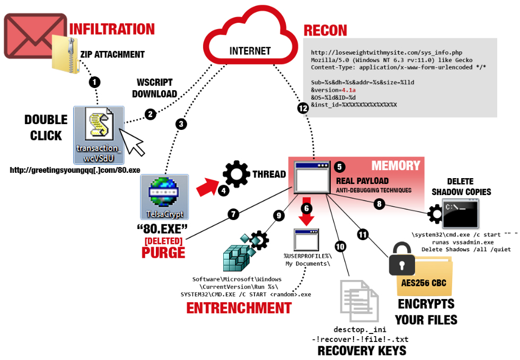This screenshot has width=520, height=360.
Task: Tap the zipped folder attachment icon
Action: (x=65, y=53)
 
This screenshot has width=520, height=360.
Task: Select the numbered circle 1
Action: (x=95, y=82)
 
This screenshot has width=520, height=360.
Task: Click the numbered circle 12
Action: (x=303, y=108)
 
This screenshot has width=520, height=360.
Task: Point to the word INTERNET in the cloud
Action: (x=250, y=51)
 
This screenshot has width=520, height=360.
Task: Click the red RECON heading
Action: (x=325, y=30)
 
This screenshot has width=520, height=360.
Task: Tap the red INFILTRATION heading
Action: (x=112, y=29)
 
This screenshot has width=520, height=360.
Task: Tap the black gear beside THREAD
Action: (x=236, y=173)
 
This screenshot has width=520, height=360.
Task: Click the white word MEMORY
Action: (x=395, y=165)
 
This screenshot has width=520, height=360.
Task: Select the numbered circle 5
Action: (x=340, y=166)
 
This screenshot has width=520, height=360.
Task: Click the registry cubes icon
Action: (x=235, y=256)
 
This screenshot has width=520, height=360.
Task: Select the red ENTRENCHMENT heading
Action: (x=239, y=308)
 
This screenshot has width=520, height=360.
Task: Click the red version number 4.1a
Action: (x=348, y=90)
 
